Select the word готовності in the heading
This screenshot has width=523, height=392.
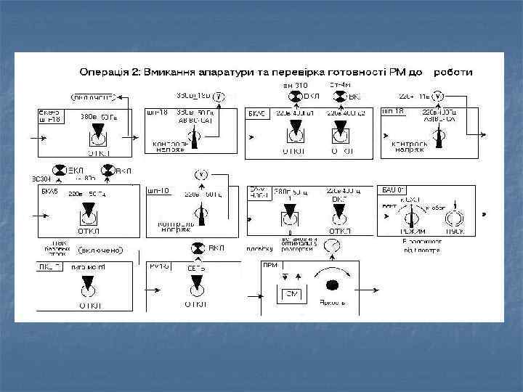pos(344,73)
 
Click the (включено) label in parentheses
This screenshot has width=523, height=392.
pos(101,250)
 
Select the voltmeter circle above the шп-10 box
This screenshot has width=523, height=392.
pos(200,174)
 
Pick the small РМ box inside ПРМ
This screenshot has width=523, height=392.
pos(289,295)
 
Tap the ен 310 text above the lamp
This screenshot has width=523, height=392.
pos(296,86)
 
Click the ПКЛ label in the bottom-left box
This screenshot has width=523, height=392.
pos(47,267)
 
